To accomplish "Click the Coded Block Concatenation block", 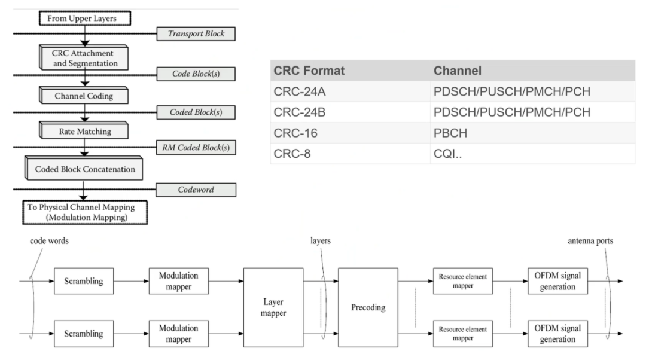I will [x=84, y=169].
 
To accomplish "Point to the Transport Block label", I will [x=197, y=34].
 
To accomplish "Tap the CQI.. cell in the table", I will [x=447, y=154].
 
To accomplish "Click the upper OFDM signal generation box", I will [x=557, y=281].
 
